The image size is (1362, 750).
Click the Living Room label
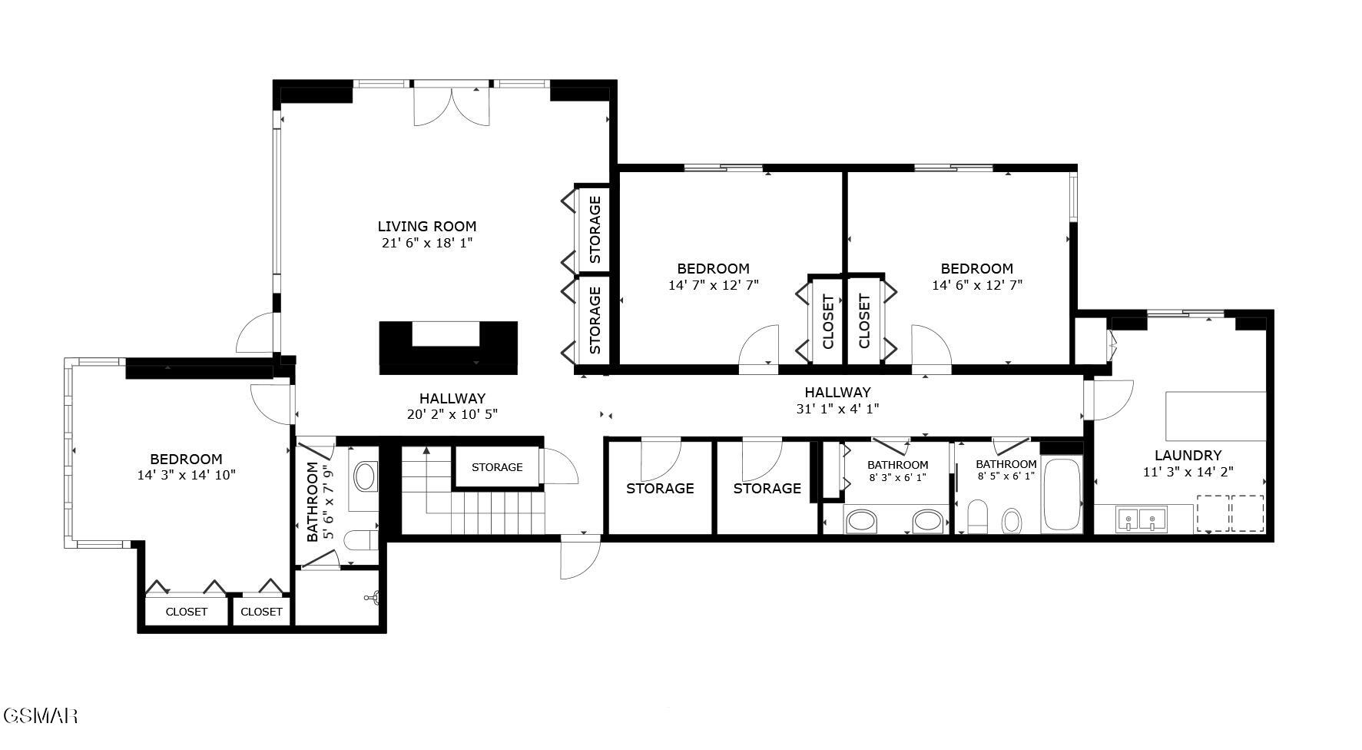click(426, 226)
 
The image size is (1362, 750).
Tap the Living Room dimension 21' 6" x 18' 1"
click(426, 243)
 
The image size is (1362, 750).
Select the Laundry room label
click(1188, 455)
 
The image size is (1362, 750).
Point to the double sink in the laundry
click(1141, 519)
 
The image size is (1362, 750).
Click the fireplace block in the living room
click(448, 348)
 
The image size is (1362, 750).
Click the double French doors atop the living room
click(452, 106)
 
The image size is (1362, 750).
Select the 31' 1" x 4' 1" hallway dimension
click(837, 409)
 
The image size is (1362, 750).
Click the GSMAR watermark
click(40, 716)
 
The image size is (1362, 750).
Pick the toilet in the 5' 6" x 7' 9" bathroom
click(360, 540)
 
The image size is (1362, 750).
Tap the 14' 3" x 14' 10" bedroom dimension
click(186, 475)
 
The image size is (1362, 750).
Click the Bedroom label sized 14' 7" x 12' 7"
click(713, 269)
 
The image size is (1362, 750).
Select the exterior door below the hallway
click(580, 557)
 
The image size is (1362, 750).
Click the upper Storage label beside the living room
click(595, 229)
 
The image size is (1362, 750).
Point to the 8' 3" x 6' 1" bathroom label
click(897, 465)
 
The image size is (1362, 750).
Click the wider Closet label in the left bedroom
click(187, 612)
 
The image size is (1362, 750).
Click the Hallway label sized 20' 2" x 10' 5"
click(452, 398)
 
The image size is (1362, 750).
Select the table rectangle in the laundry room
click(1215, 416)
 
